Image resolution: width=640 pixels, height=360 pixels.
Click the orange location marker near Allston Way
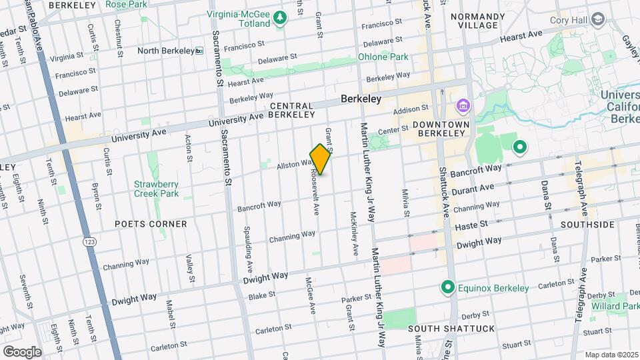[321, 159]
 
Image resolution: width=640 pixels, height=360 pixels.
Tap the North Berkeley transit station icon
[199, 51]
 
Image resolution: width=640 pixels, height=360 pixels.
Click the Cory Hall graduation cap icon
[598, 19]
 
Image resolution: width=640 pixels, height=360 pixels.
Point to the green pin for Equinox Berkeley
[448, 288]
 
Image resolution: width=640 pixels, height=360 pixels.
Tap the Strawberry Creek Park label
[157, 189]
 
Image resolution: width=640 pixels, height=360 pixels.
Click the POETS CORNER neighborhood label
[151, 224]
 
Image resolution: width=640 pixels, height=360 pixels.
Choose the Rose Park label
[126, 5]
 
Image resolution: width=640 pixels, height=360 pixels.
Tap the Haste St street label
[471, 227]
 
